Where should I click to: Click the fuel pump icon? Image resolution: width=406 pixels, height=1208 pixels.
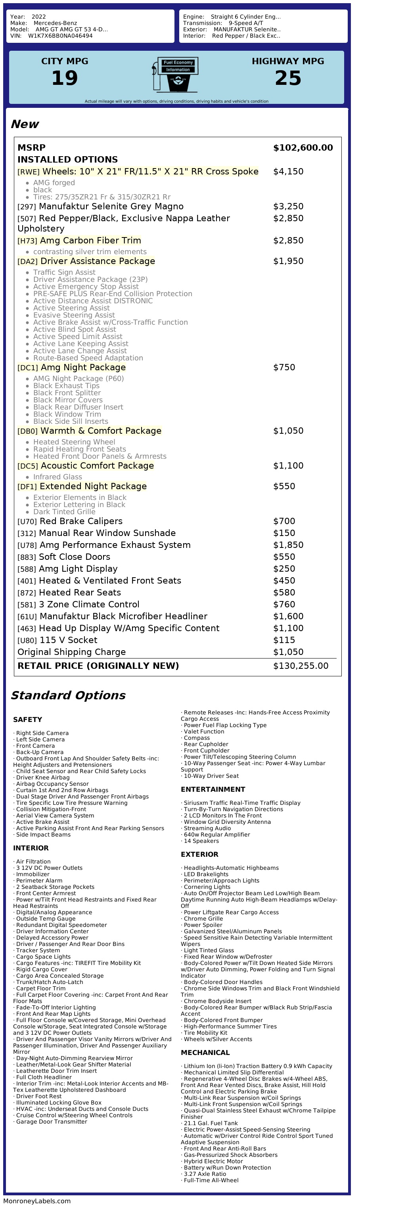[175, 75]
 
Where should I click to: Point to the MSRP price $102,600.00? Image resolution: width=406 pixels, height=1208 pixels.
[303, 148]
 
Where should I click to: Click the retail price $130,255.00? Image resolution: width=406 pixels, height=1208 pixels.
[301, 666]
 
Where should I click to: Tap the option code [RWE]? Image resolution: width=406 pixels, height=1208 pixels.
[28, 172]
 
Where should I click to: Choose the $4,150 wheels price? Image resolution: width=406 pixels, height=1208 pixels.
[288, 172]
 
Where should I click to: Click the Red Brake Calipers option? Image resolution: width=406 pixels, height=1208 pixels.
[80, 521]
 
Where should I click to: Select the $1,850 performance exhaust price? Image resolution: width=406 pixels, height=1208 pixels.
[288, 545]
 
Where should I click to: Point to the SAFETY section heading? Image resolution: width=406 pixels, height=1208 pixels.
[28, 720]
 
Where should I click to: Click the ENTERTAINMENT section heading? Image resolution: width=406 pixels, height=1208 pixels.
[213, 790]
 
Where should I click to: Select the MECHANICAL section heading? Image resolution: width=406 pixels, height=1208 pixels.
[205, 1053]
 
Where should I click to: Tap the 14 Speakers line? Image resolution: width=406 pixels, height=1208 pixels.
[201, 841]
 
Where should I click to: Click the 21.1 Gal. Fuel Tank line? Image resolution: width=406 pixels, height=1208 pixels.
[211, 1124]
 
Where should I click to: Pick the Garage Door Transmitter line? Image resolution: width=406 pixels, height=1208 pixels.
[52, 1122]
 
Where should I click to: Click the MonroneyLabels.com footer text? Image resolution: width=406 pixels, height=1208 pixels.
[36, 1201]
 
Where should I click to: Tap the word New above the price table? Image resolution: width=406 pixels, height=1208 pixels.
[25, 124]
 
